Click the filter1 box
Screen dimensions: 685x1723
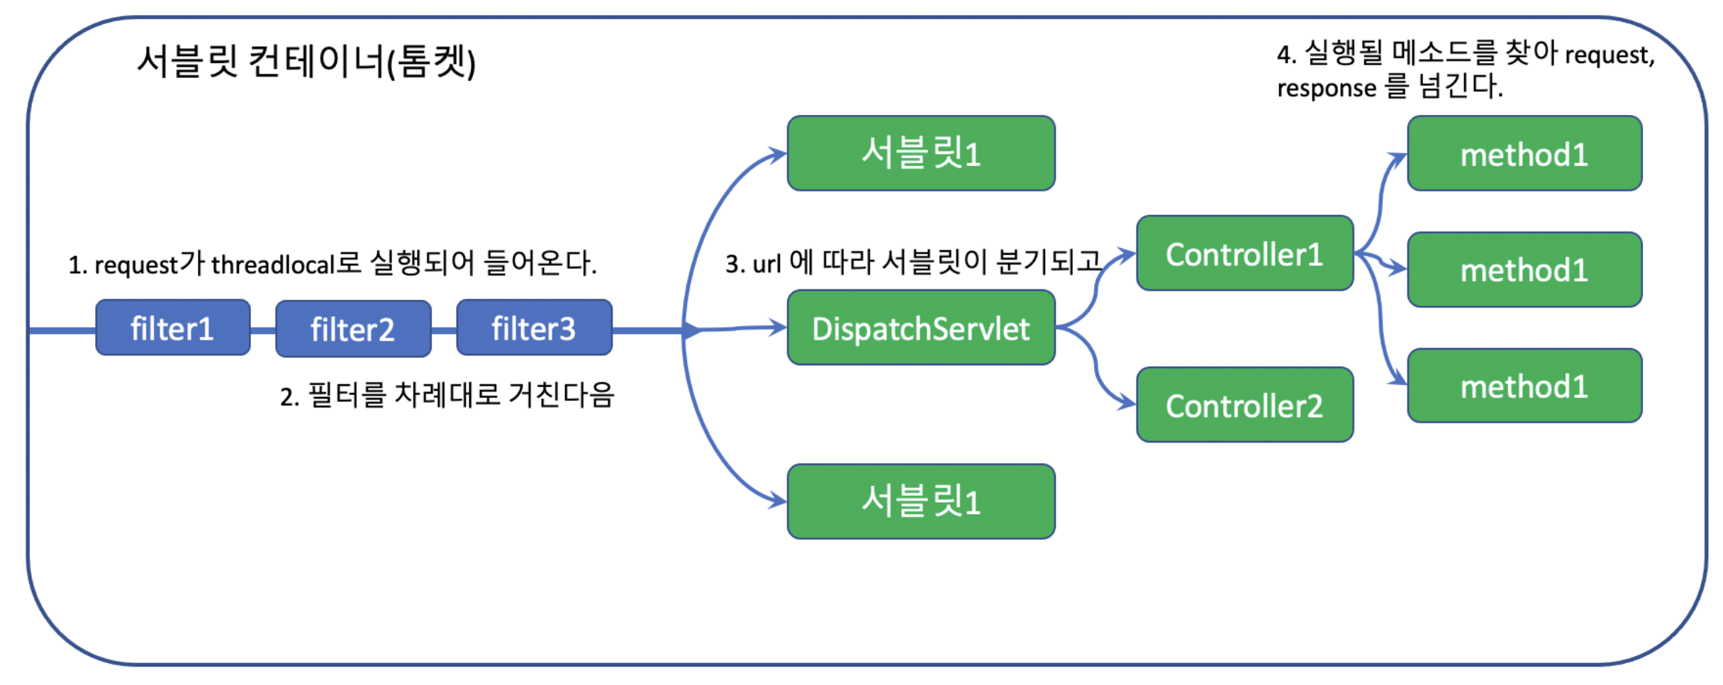pyautogui.click(x=173, y=328)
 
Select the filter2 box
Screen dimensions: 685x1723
pyautogui.click(x=353, y=328)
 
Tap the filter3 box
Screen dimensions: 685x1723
pyautogui.click(x=534, y=328)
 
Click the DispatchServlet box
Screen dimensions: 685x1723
pyautogui.click(x=920, y=328)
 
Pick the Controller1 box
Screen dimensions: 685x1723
pyautogui.click(x=1244, y=253)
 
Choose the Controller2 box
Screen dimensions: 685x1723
pyautogui.click(x=1244, y=405)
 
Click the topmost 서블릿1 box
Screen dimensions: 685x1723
pyautogui.click(x=920, y=153)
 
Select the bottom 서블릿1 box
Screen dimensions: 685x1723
pyautogui.click(x=920, y=501)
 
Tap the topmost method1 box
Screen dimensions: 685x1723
pyautogui.click(x=1524, y=153)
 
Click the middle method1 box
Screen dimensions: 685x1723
pyautogui.click(x=1524, y=269)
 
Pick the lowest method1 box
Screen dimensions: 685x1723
pyautogui.click(x=1524, y=386)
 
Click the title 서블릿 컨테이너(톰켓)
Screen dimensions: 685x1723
pyautogui.click(x=306, y=61)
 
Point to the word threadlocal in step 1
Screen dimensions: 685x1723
pyautogui.click(x=272, y=265)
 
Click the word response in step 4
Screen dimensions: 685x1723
pyautogui.click(x=1326, y=89)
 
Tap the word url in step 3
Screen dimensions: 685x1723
pyautogui.click(x=766, y=264)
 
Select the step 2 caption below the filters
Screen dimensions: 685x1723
pyautogui.click(x=447, y=395)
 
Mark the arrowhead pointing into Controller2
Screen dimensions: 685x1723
pyautogui.click(x=1129, y=403)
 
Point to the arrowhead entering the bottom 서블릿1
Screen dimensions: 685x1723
pyautogui.click(x=779, y=501)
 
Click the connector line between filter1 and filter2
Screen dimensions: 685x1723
pyautogui.click(x=263, y=330)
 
